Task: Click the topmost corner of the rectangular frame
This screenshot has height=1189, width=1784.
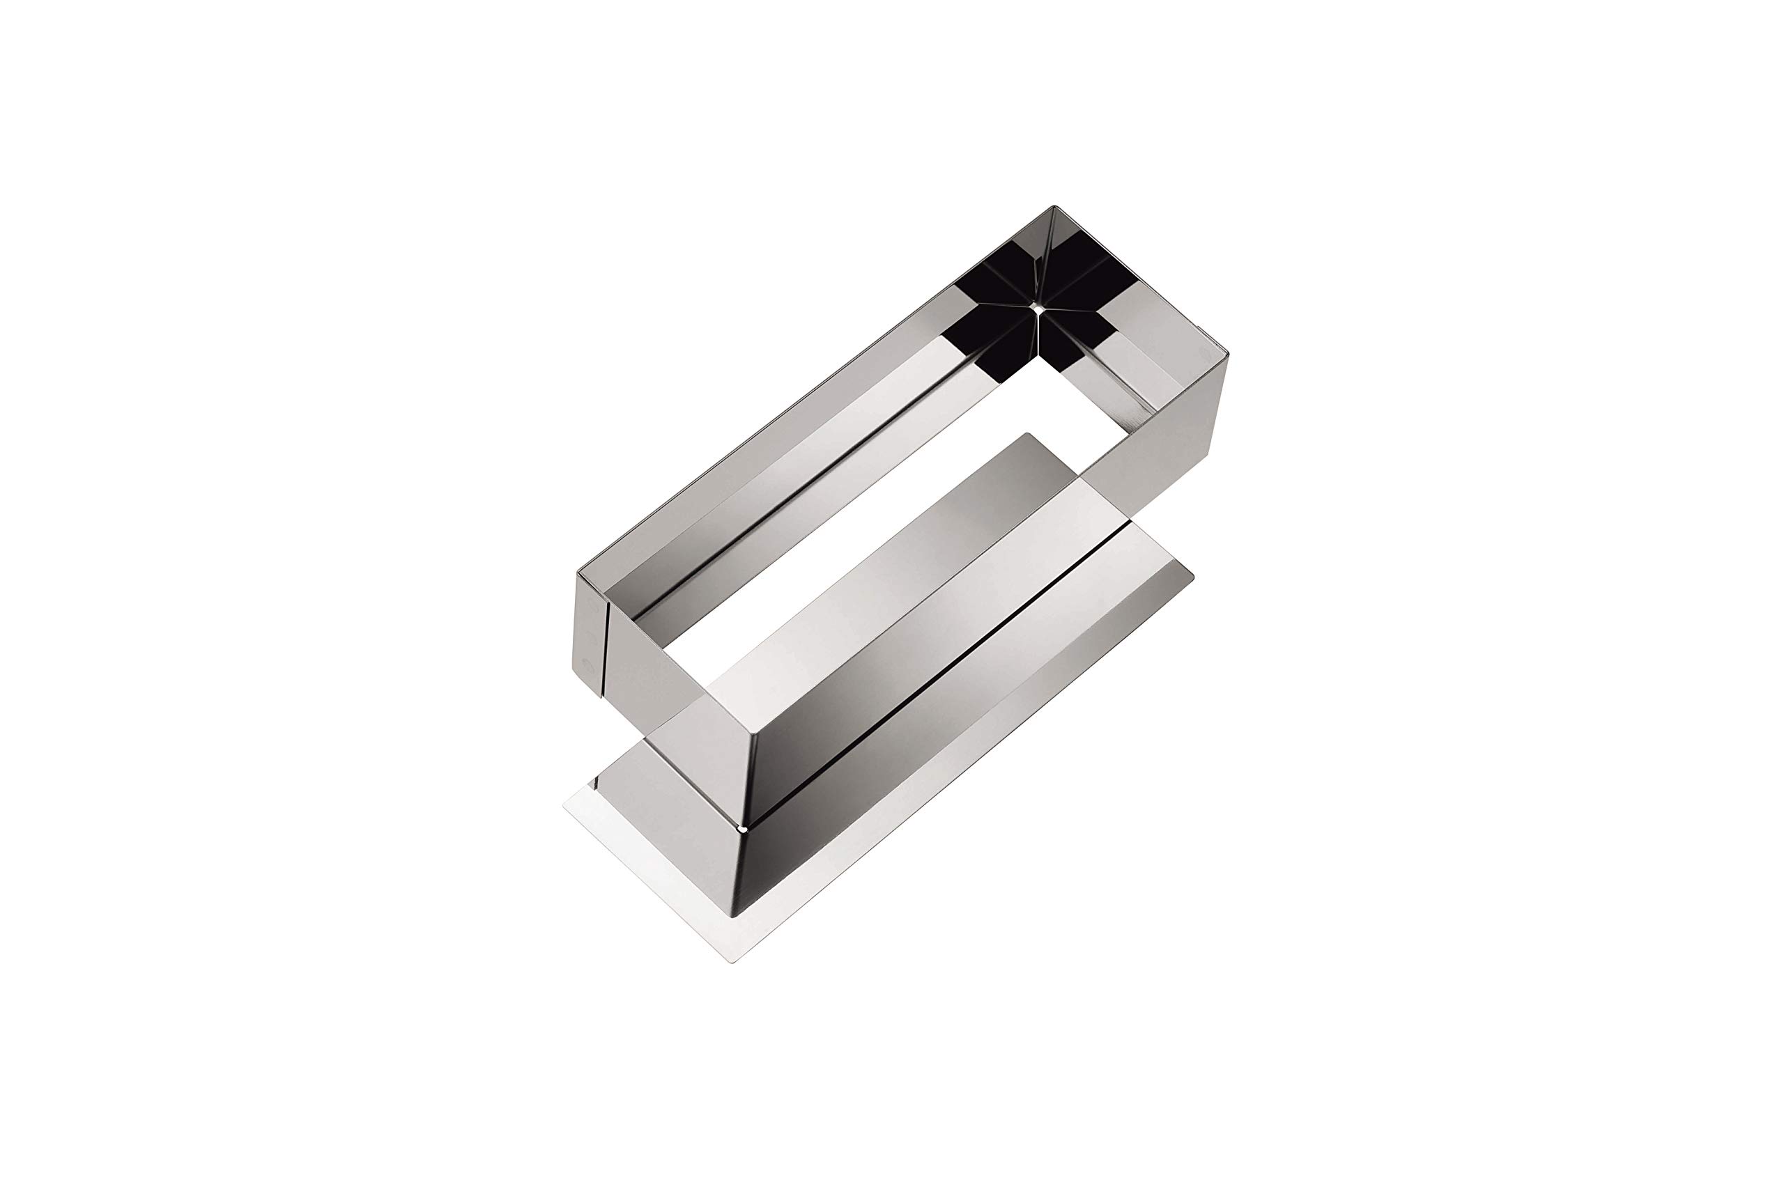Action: click(1054, 206)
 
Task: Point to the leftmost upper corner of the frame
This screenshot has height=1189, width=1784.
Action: click(578, 575)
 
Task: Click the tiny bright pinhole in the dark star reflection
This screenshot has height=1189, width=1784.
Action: click(1036, 309)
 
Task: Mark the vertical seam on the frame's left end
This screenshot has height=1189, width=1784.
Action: click(606, 648)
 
